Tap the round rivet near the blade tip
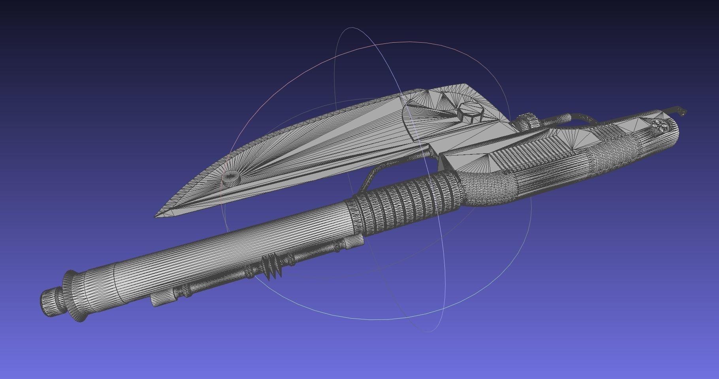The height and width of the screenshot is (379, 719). click(230, 179)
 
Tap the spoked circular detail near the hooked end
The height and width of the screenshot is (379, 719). click(663, 125)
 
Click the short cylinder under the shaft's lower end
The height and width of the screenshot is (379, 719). click(162, 300)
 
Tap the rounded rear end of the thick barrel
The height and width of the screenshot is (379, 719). click(672, 136)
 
